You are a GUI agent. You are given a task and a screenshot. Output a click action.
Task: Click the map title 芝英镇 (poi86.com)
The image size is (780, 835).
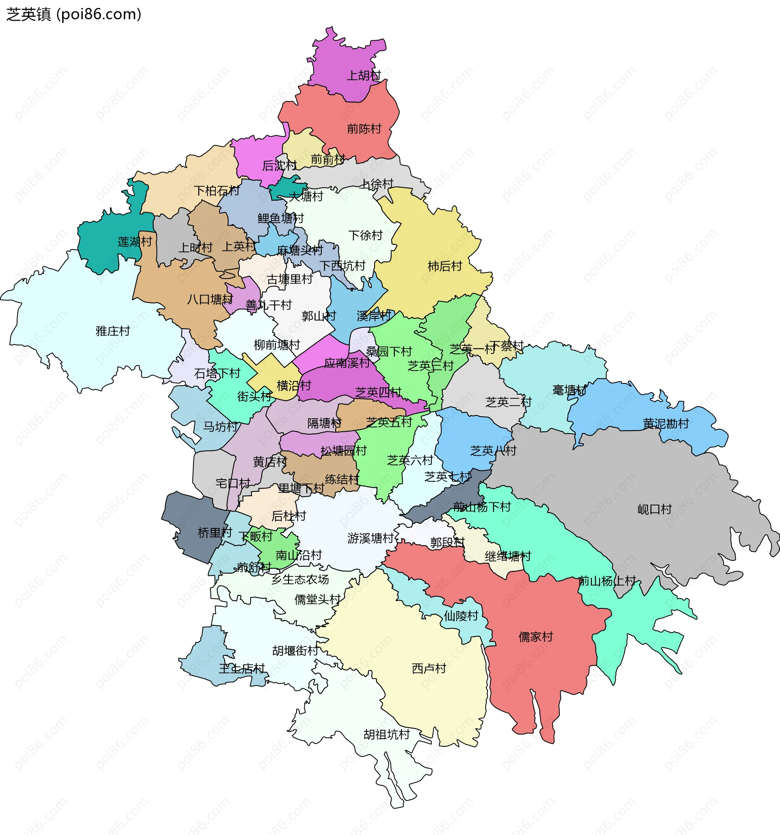(74, 14)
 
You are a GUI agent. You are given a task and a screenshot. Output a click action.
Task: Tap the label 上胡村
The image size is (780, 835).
(364, 76)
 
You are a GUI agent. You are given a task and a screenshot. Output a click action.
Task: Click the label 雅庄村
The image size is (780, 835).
(113, 331)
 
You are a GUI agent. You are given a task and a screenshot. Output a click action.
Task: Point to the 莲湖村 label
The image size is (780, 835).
(134, 242)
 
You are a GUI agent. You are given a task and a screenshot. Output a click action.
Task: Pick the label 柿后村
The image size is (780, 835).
(444, 266)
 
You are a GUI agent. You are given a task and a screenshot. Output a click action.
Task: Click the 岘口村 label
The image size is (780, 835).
(654, 509)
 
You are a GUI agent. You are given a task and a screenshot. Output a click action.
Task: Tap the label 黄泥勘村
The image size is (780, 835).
(666, 424)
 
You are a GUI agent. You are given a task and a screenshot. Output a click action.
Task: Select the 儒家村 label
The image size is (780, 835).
(535, 637)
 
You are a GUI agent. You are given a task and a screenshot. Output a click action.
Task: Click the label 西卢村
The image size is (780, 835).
(429, 668)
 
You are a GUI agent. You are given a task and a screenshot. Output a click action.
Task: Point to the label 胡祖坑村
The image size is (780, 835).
(386, 735)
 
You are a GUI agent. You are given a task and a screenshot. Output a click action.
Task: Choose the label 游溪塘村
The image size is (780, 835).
(370, 539)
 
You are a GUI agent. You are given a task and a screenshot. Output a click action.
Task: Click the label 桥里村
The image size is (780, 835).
(215, 533)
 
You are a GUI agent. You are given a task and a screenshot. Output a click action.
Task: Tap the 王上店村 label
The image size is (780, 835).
(242, 668)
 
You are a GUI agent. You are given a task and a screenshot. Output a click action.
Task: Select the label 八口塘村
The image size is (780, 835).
(210, 299)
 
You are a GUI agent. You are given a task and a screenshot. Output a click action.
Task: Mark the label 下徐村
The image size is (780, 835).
(365, 235)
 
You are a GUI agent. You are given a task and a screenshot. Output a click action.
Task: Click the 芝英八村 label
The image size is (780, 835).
(493, 451)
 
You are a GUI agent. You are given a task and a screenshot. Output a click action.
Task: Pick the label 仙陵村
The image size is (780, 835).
(461, 616)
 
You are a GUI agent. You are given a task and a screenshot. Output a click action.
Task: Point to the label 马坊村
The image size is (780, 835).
(220, 427)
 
